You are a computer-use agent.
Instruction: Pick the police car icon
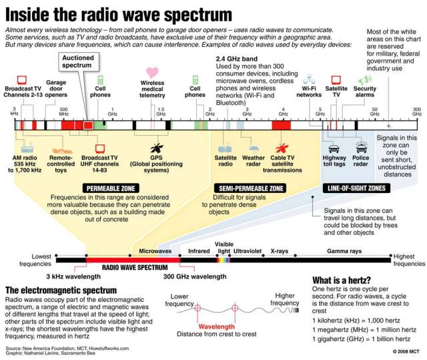click(x=361, y=148)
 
